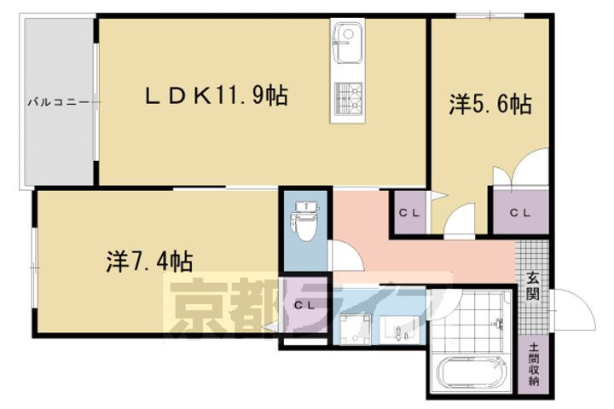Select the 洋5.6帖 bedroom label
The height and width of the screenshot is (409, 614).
pyautogui.click(x=491, y=105)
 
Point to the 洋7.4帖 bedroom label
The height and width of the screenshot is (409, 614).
pyautogui.click(x=148, y=257)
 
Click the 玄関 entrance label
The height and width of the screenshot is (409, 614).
pyautogui.click(x=532, y=285)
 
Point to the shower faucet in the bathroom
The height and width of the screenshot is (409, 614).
pyautogui.click(x=500, y=324)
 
